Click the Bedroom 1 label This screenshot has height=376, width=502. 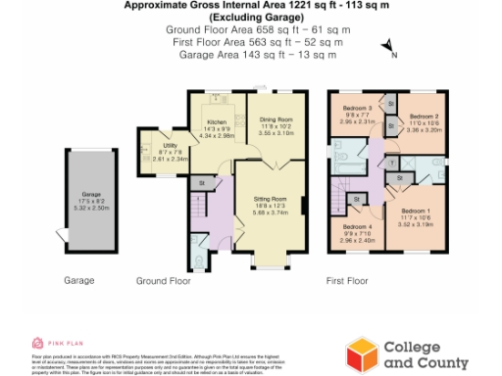(416, 211)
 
